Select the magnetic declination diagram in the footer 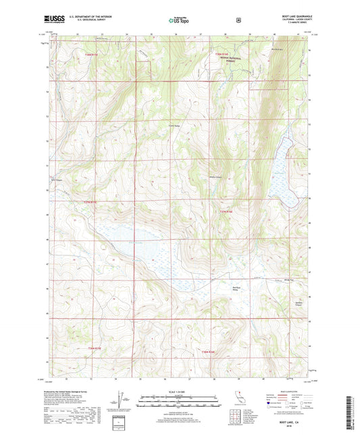click(122, 403)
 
